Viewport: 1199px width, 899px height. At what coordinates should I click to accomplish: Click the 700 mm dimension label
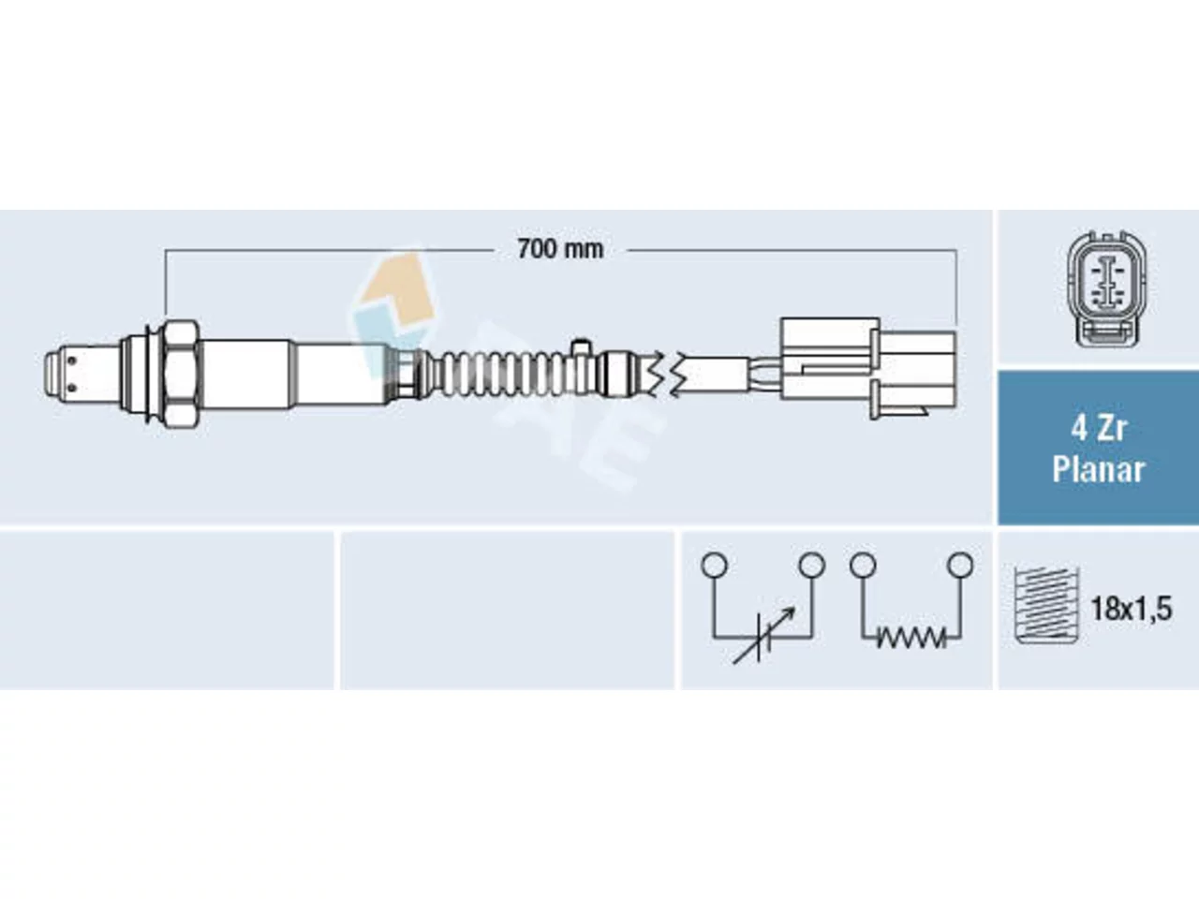[x=560, y=249]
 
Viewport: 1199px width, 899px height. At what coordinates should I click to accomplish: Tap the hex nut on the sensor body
[x=181, y=375]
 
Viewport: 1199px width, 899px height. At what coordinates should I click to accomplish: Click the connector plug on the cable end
[x=868, y=368]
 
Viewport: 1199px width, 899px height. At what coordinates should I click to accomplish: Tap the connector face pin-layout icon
[x=1106, y=290]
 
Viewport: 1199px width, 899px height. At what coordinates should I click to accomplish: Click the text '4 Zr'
[x=1099, y=430]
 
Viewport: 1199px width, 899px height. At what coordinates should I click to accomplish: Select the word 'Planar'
[x=1099, y=470]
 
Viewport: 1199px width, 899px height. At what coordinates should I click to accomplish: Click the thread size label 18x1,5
[x=1132, y=609]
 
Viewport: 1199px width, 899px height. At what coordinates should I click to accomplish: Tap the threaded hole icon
[x=1047, y=605]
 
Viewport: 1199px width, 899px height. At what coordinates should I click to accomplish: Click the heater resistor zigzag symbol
[x=911, y=638]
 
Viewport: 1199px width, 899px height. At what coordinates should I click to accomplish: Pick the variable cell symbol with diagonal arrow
[x=763, y=635]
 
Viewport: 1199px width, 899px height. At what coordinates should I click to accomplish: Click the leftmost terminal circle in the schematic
[x=715, y=566]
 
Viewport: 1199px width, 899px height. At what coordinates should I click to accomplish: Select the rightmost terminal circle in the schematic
[x=960, y=565]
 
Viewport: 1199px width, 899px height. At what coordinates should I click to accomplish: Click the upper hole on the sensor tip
[x=71, y=361]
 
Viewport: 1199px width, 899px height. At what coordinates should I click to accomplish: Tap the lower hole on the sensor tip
[x=71, y=388]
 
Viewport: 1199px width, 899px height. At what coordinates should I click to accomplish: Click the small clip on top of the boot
[x=580, y=348]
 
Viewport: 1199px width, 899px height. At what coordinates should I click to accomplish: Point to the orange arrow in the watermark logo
[x=396, y=292]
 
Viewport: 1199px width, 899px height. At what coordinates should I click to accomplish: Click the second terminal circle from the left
[x=812, y=566]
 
